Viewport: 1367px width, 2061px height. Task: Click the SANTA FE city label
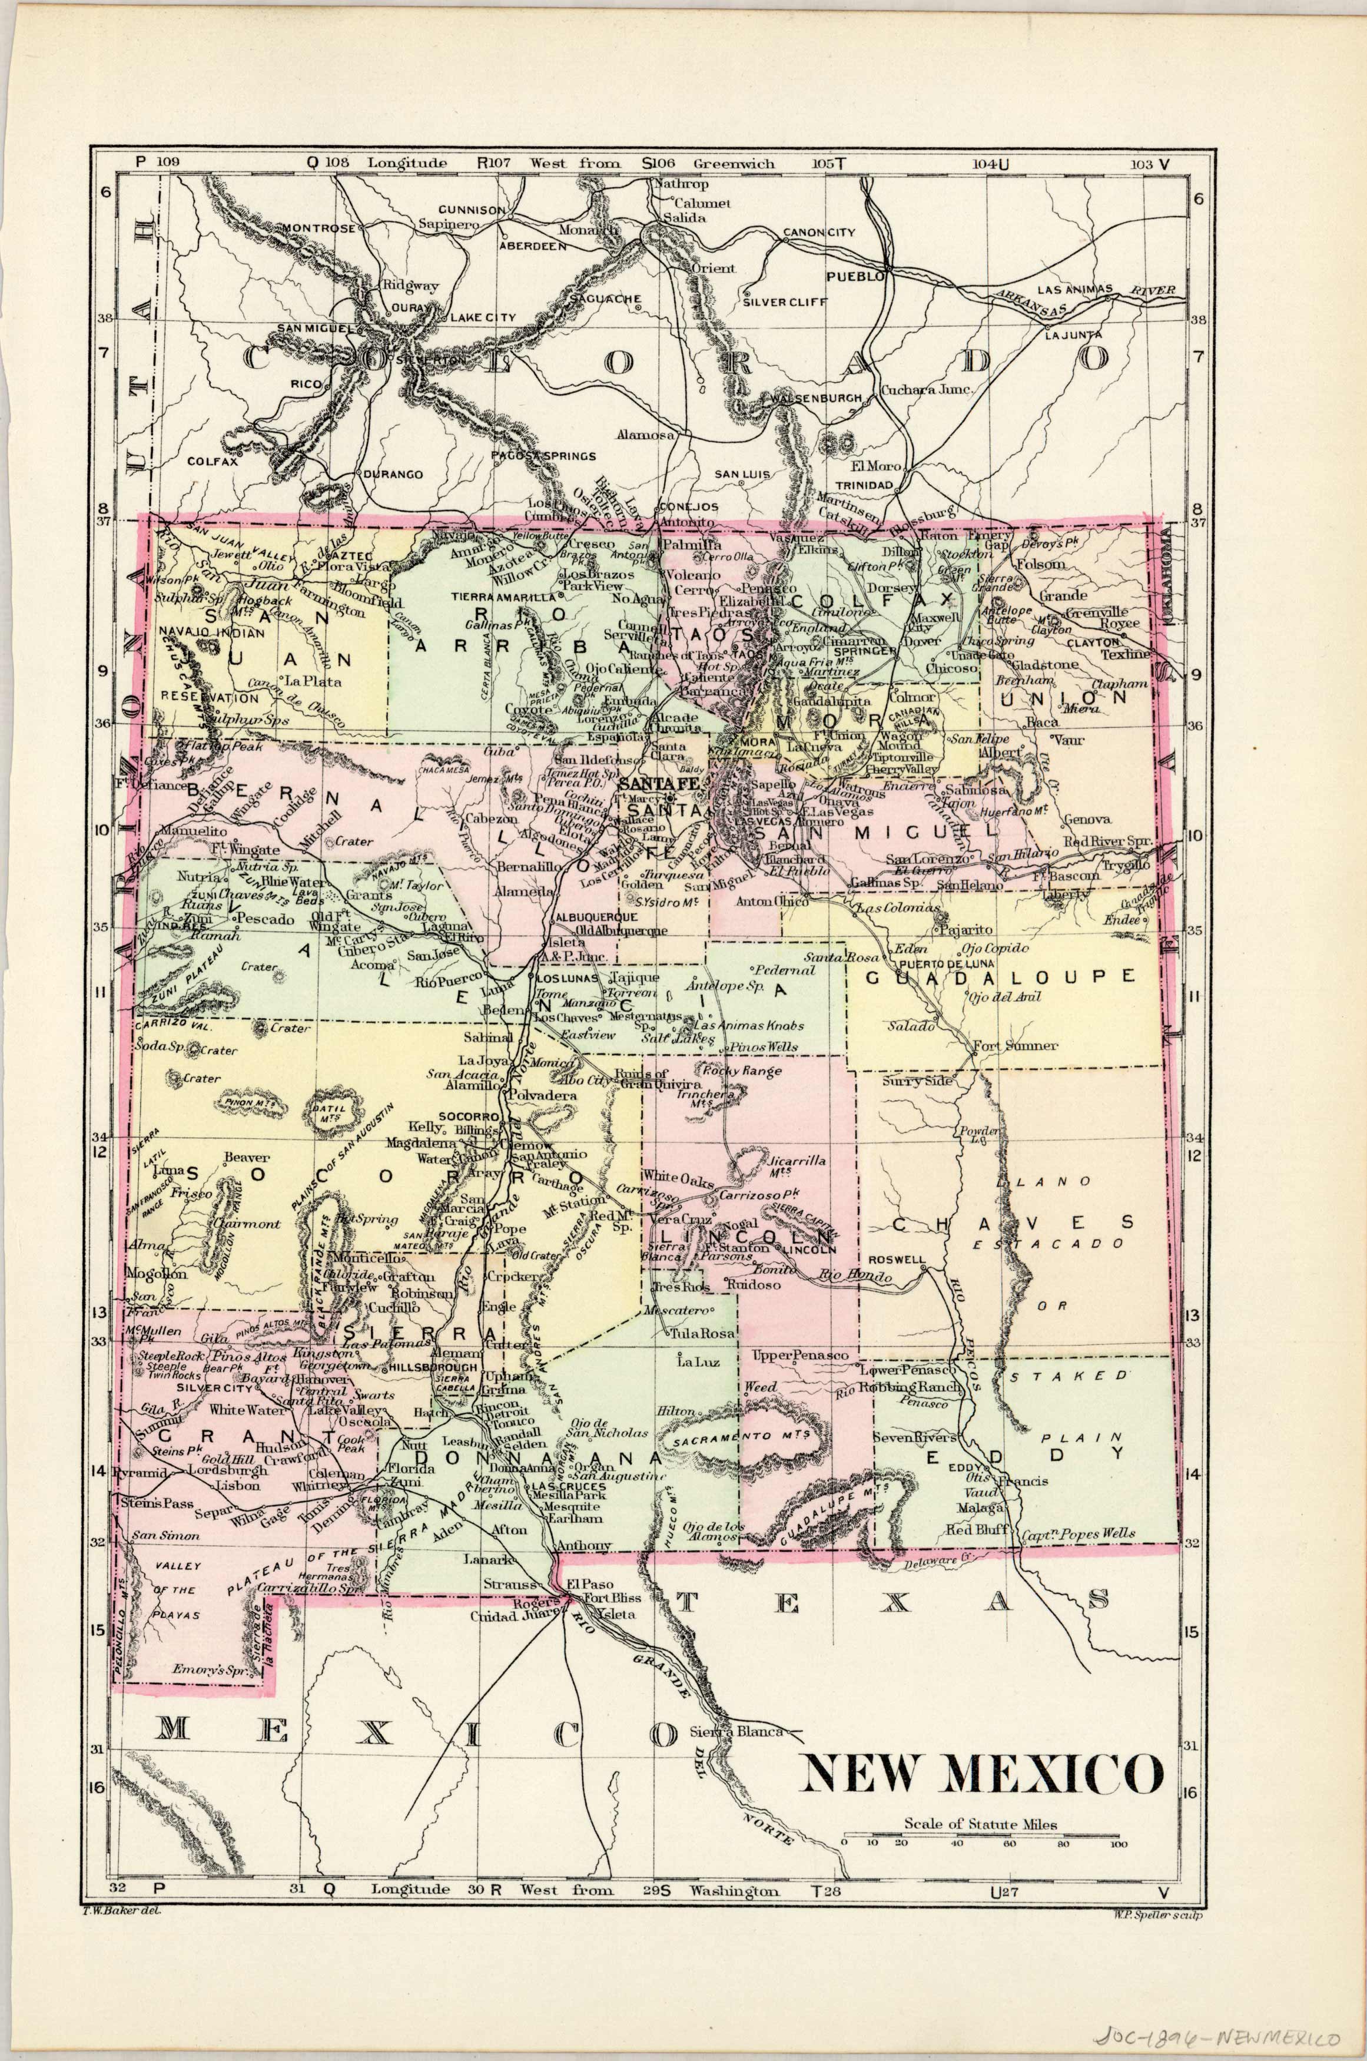(671, 784)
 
